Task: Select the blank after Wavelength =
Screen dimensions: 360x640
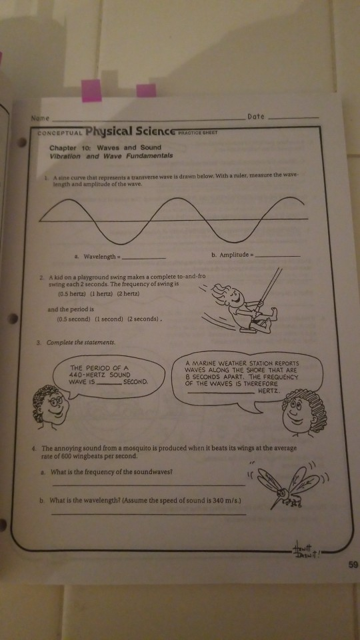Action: tap(145, 257)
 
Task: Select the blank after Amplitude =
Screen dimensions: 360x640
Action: tap(278, 255)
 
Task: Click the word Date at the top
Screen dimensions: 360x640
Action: tap(255, 116)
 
